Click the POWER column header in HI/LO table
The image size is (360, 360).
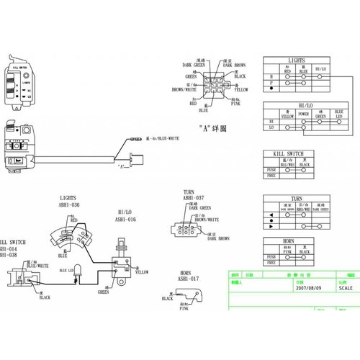[304, 113]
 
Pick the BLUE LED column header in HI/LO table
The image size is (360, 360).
[339, 114]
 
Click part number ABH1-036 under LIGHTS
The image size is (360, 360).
[70, 204]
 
